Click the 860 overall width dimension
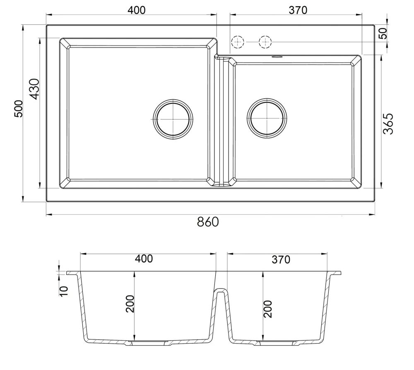(208, 222)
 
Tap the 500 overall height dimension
(19, 108)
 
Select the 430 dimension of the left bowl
(34, 89)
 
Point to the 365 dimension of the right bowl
(388, 124)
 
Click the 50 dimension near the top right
(383, 33)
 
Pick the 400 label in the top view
(137, 10)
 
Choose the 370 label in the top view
(298, 10)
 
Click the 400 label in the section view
(144, 259)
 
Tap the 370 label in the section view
(281, 259)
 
